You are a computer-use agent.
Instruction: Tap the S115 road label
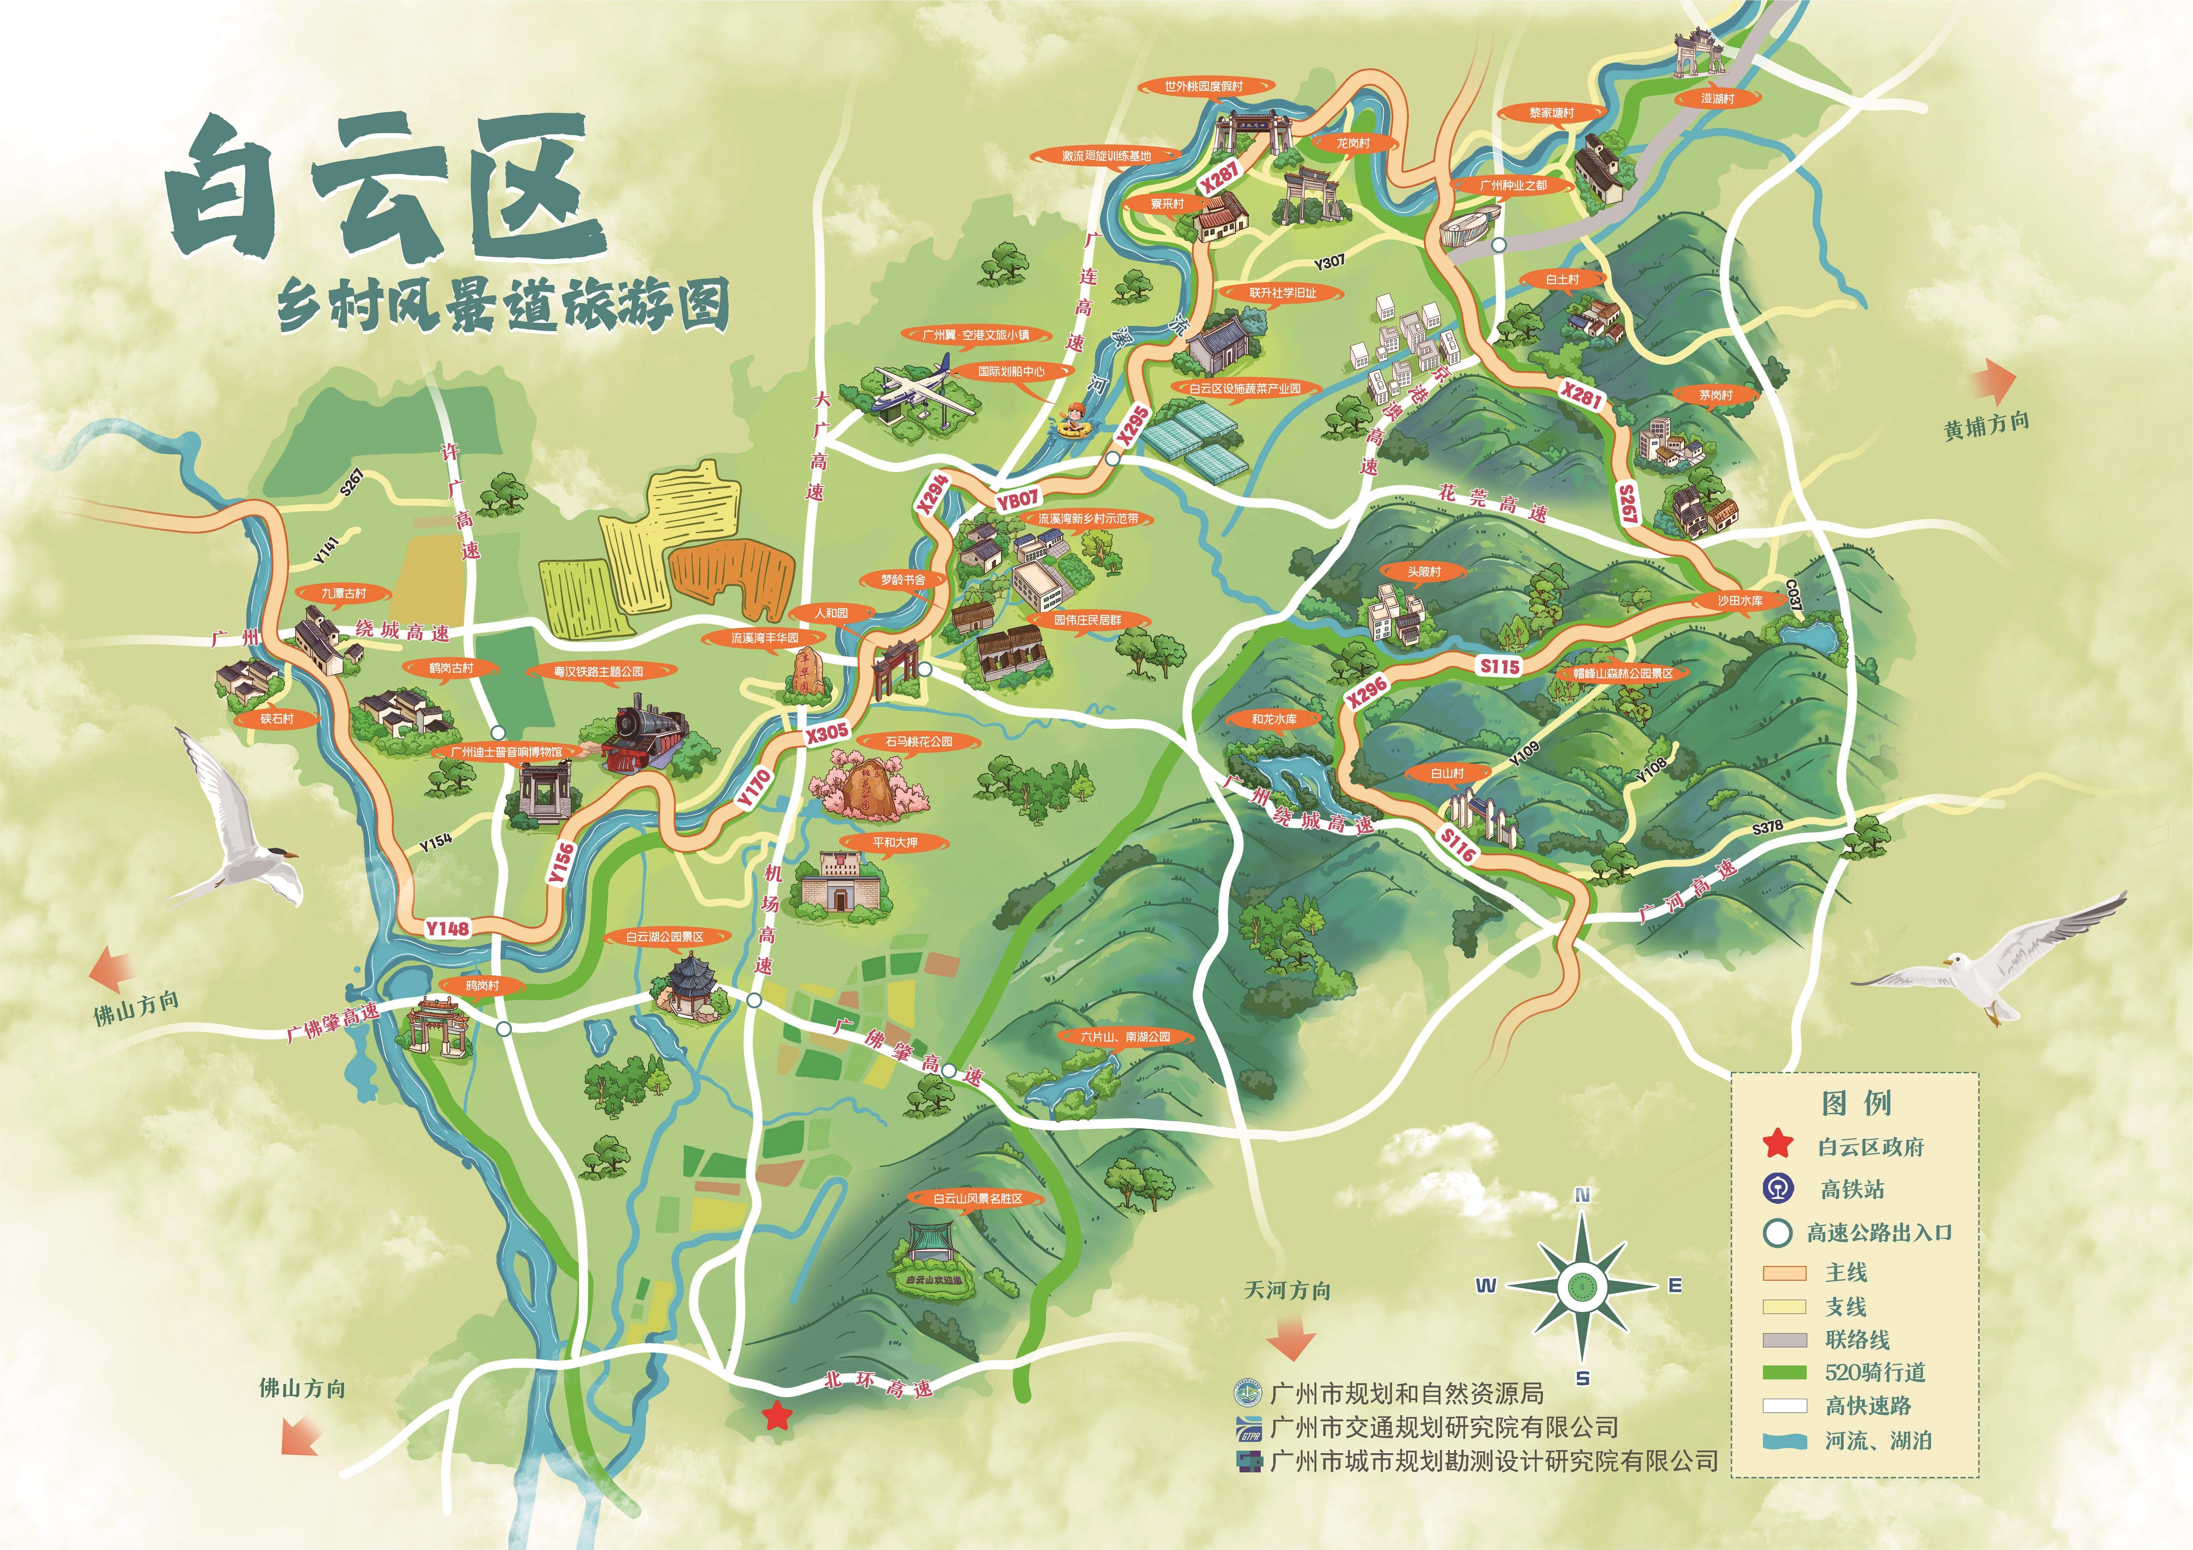pos(1499,666)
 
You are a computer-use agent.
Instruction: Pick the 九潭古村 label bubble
pos(343,594)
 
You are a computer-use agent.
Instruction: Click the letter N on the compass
pos(1582,1196)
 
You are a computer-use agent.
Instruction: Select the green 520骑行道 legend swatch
pos(1783,1372)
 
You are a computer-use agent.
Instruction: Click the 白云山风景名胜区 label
pos(977,1198)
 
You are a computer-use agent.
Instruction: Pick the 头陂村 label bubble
pos(1423,571)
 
